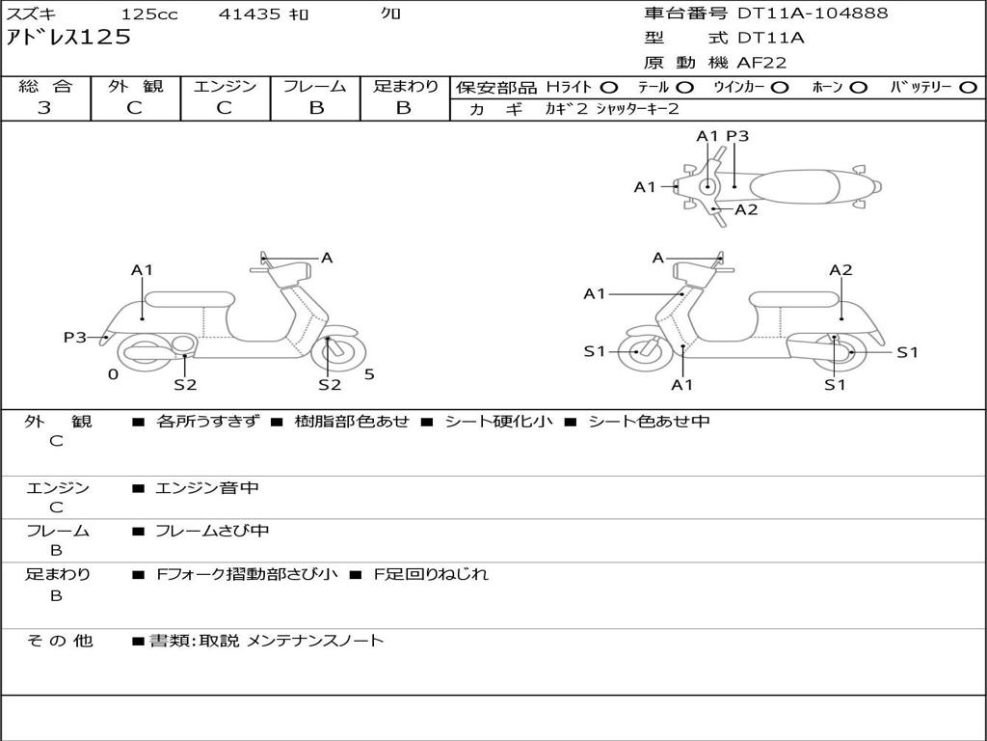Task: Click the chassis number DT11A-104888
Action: (x=813, y=14)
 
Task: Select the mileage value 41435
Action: (x=250, y=14)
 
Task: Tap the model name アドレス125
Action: (x=68, y=39)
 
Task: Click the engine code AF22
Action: (x=761, y=63)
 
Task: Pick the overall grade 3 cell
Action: (x=44, y=108)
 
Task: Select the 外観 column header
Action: (x=135, y=87)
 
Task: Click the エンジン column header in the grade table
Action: (x=225, y=87)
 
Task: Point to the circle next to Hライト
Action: (x=609, y=88)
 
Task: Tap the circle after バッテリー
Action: (x=968, y=88)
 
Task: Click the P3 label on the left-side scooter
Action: (x=75, y=337)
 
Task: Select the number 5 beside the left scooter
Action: (x=369, y=374)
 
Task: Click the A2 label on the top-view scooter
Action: (x=746, y=209)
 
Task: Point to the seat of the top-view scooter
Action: (x=800, y=185)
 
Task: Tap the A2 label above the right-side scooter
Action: (x=840, y=270)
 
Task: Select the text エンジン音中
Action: (x=207, y=488)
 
